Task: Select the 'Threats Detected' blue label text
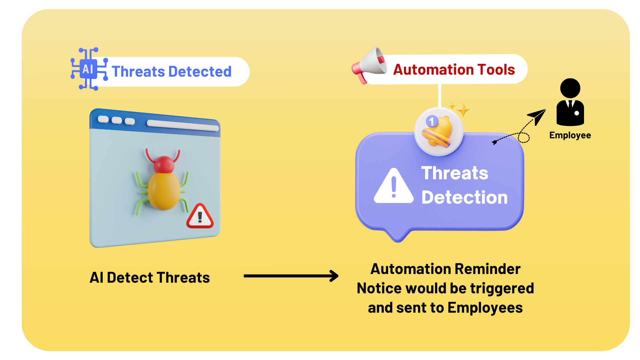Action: pyautogui.click(x=172, y=72)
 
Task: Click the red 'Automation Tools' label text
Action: pyautogui.click(x=454, y=70)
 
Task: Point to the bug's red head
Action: pyautogui.click(x=163, y=164)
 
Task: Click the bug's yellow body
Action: pyautogui.click(x=164, y=191)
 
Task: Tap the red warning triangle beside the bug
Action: pyautogui.click(x=200, y=216)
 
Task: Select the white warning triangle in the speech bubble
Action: pyautogui.click(x=394, y=186)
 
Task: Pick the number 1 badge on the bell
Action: pyautogui.click(x=432, y=121)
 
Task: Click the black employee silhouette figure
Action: pyautogui.click(x=570, y=102)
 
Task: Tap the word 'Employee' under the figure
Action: pyautogui.click(x=570, y=135)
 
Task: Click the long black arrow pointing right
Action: pyautogui.click(x=291, y=276)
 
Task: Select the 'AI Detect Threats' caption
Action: pyautogui.click(x=150, y=278)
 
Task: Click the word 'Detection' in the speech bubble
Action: pyautogui.click(x=465, y=197)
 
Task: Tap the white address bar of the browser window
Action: pyautogui.click(x=183, y=126)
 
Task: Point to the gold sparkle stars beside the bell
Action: pyautogui.click(x=460, y=109)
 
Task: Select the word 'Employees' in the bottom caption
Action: pyautogui.click(x=485, y=308)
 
